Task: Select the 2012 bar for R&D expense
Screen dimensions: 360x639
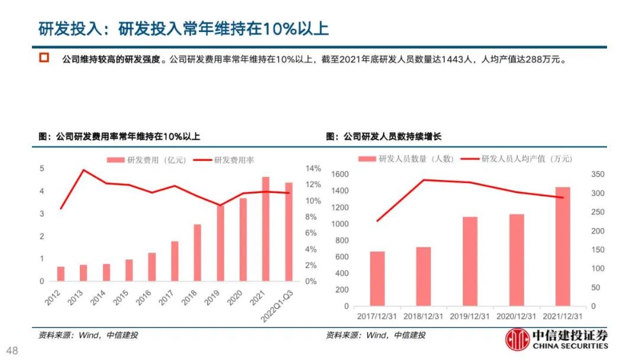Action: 61,274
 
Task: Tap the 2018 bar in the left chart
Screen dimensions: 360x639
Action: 198,252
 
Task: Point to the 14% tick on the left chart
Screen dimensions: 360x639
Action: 313,169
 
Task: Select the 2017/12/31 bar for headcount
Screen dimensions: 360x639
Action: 377,279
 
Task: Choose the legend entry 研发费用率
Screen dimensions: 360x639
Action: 234,160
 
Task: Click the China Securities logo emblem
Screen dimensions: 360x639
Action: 517,342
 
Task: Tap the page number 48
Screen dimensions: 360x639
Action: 12,351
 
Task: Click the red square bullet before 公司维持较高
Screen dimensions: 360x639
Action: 43,59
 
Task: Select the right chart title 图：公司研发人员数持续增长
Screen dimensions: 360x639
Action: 383,137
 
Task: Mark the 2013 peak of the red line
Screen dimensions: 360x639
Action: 83,170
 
